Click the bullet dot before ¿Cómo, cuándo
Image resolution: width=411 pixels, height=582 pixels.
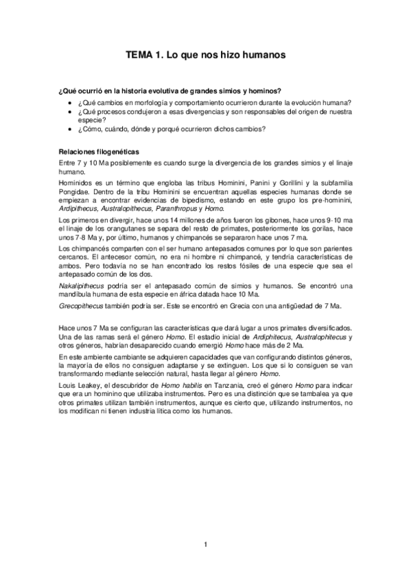tap(72, 129)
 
